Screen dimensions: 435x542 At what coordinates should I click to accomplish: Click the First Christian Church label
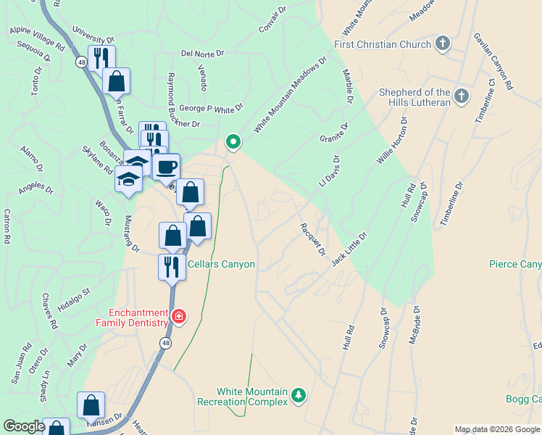point(383,44)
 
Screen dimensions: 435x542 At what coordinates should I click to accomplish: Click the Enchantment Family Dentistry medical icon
point(178,316)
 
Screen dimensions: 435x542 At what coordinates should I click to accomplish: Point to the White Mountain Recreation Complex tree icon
point(298,395)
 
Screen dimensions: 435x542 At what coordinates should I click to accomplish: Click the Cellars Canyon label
point(222,265)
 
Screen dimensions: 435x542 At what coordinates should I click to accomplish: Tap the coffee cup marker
point(166,167)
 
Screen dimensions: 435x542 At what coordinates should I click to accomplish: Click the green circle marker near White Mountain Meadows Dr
point(233,142)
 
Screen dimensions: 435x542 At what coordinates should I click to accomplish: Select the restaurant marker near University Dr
point(101,58)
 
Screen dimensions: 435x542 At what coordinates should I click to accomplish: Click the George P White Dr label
point(210,109)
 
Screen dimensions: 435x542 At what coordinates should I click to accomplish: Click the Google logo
point(24,426)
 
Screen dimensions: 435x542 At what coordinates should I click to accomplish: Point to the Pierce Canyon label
point(514,265)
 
